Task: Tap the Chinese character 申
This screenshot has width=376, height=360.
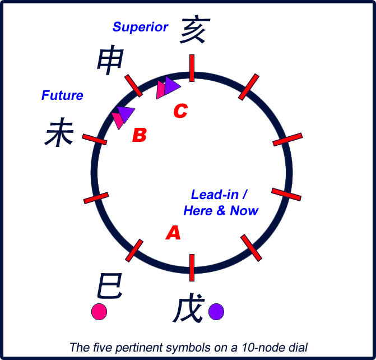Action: click(109, 60)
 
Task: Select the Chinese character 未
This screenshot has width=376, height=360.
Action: click(59, 135)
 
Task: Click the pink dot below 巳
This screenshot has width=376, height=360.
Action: click(99, 311)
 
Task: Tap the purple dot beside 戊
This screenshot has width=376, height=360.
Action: click(216, 311)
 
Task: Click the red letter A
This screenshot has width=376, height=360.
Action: click(173, 233)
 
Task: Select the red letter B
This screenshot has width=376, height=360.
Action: click(140, 135)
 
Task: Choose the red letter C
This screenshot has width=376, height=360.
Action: click(180, 112)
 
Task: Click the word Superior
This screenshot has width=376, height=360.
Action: click(140, 26)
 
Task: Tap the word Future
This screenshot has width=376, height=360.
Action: click(62, 95)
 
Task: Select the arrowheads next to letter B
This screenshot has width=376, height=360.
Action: click(123, 116)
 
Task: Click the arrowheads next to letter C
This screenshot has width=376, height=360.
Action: click(168, 86)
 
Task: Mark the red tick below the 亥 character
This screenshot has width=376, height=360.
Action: click(192, 68)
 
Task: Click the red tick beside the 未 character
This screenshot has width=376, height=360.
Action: click(94, 139)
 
